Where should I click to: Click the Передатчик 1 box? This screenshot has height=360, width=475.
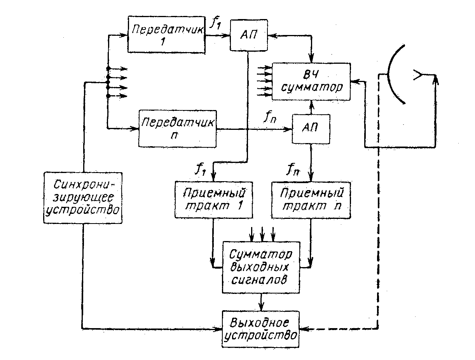167,35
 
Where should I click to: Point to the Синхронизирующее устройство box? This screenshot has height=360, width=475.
83,197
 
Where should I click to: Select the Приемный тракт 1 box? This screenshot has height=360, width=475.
213,199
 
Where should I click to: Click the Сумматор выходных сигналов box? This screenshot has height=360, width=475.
261,267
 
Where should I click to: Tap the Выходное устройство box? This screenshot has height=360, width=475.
261,329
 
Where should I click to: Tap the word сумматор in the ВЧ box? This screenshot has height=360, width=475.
311,87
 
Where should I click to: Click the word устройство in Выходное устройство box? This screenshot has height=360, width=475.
261,335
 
